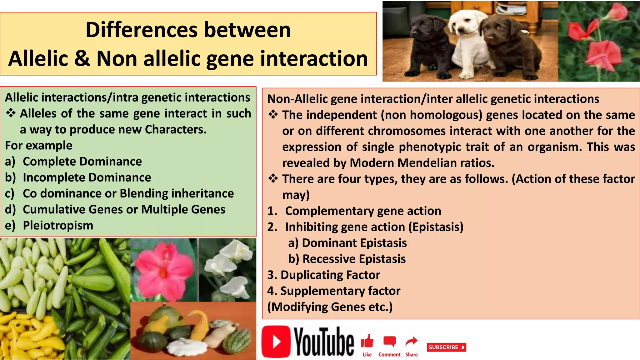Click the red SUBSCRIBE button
446,347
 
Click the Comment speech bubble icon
389,342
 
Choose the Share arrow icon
411,342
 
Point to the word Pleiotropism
58,225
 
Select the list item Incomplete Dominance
87,177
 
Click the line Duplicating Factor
324,275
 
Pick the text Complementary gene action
363,211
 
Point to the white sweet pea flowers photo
227,270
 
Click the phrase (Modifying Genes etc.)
330,307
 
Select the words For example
39,146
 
